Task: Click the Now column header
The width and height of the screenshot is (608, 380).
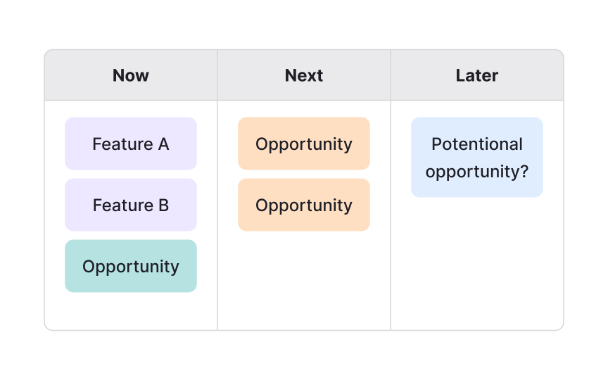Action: tap(131, 75)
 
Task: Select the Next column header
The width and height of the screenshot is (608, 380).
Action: tap(304, 75)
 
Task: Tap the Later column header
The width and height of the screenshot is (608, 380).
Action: tap(477, 75)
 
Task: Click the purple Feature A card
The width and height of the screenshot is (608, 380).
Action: tap(131, 144)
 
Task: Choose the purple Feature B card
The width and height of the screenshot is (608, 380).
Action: tap(131, 205)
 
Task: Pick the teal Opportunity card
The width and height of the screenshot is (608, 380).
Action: tap(131, 266)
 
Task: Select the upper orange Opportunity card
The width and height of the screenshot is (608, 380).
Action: tap(304, 144)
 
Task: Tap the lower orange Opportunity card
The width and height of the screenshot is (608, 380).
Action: tap(304, 205)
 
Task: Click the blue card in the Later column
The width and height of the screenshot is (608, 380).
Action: tap(477, 157)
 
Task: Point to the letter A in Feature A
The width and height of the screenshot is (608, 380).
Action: tap(163, 144)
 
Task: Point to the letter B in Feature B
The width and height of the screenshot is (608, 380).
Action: tap(163, 205)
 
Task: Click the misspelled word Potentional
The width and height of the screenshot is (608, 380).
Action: tap(477, 144)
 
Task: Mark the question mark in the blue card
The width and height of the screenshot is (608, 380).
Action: tap(524, 172)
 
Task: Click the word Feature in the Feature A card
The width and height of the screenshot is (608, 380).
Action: tap(122, 144)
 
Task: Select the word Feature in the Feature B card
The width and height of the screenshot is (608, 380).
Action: tap(122, 205)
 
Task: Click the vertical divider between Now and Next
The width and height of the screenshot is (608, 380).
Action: tap(217, 211)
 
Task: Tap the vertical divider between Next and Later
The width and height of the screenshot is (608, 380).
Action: tap(391, 211)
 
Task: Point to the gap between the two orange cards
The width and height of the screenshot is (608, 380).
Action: tap(304, 175)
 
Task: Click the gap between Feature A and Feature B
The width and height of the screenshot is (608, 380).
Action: tap(131, 175)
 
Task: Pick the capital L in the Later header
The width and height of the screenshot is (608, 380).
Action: tap(460, 75)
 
